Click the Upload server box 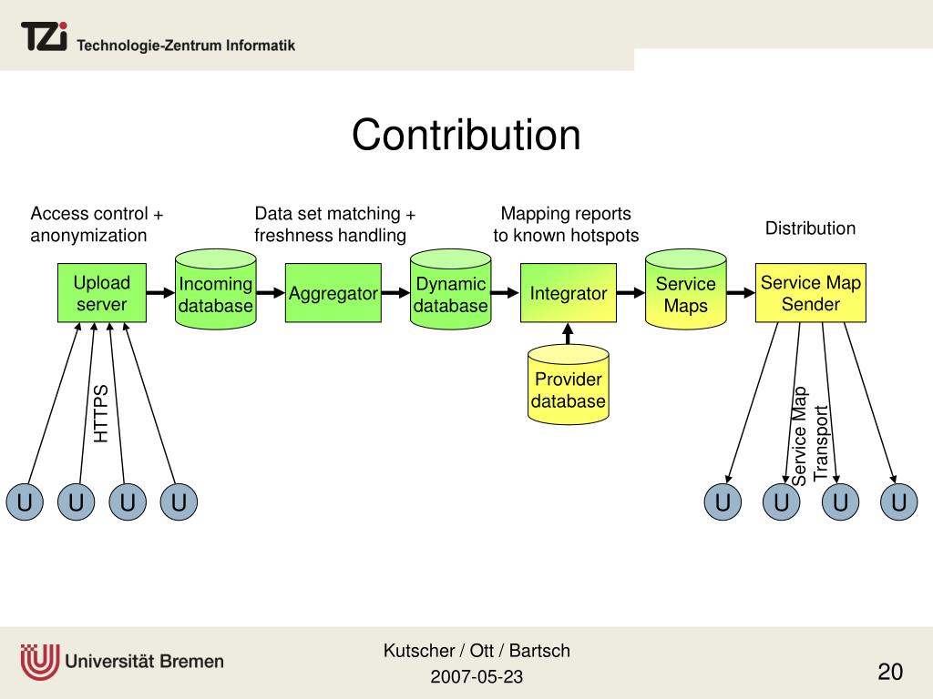pyautogui.click(x=101, y=293)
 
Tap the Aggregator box pyautogui.click(x=333, y=293)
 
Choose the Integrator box pyautogui.click(x=568, y=293)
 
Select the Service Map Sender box pyautogui.click(x=810, y=293)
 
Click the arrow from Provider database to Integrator pyautogui.click(x=569, y=333)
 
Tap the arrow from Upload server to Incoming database pyautogui.click(x=160, y=293)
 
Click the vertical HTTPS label pyautogui.click(x=101, y=413)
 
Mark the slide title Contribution pyautogui.click(x=466, y=136)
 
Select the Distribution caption pyautogui.click(x=810, y=228)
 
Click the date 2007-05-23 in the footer pyautogui.click(x=477, y=677)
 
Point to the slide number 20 pyautogui.click(x=890, y=673)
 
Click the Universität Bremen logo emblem pyautogui.click(x=39, y=661)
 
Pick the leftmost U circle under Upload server pyautogui.click(x=25, y=502)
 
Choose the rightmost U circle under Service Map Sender pyautogui.click(x=898, y=502)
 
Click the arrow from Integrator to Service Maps pyautogui.click(x=631, y=293)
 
